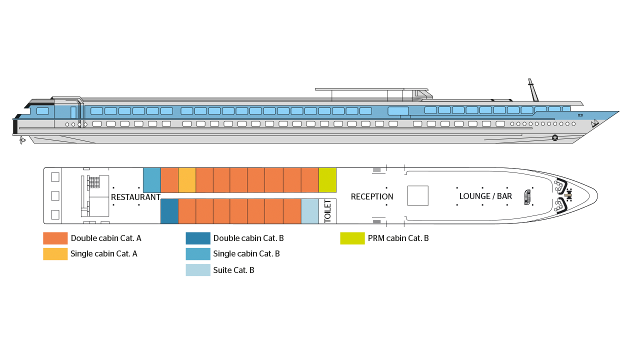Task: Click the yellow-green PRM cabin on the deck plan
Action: coord(327,180)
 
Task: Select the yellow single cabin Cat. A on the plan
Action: coord(187,180)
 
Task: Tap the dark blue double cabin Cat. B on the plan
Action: coord(169,211)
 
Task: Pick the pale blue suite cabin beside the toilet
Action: coord(309,211)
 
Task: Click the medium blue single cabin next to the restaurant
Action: coord(151,180)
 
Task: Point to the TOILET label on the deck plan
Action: coord(327,211)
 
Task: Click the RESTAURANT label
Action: coord(135,197)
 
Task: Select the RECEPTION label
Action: coord(372,196)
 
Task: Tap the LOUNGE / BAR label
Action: coord(485,196)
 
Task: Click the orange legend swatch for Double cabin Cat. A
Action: coord(55,238)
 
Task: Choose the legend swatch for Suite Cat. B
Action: coord(198,270)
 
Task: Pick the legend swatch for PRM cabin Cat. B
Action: coord(352,238)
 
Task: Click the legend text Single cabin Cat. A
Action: coord(104,253)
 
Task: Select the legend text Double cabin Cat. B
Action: coord(248,238)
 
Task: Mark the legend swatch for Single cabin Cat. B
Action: coord(198,254)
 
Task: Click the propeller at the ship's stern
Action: coord(22,140)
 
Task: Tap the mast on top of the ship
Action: coord(533,90)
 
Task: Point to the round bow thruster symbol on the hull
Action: coord(555,138)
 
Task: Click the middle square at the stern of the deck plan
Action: coord(55,196)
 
